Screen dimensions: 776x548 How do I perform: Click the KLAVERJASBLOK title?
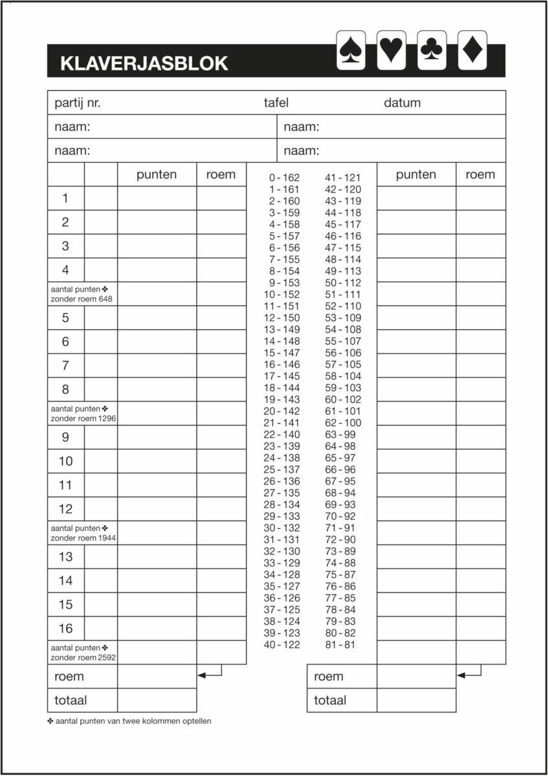click(144, 63)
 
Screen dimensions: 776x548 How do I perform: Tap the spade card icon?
click(351, 50)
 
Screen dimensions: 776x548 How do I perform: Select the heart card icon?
click(391, 50)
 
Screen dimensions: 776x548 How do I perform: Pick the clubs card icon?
click(430, 50)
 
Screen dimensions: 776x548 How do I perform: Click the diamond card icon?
click(472, 50)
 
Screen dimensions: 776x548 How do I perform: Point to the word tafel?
click(276, 103)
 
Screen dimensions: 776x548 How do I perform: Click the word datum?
click(402, 103)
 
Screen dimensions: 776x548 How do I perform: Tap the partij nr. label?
click(78, 103)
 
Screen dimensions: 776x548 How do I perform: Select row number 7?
click(65, 365)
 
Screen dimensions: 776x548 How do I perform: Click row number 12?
click(65, 509)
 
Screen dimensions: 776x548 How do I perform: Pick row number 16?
click(65, 629)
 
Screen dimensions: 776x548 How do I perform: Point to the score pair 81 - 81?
click(340, 645)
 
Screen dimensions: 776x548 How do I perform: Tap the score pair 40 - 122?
click(281, 645)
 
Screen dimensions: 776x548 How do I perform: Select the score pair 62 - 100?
click(343, 423)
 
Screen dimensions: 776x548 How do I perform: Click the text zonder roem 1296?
click(83, 418)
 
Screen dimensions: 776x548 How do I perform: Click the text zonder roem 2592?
click(83, 658)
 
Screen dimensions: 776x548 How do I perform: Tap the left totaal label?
click(71, 700)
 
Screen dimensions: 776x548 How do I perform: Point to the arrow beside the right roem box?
click(469, 674)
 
